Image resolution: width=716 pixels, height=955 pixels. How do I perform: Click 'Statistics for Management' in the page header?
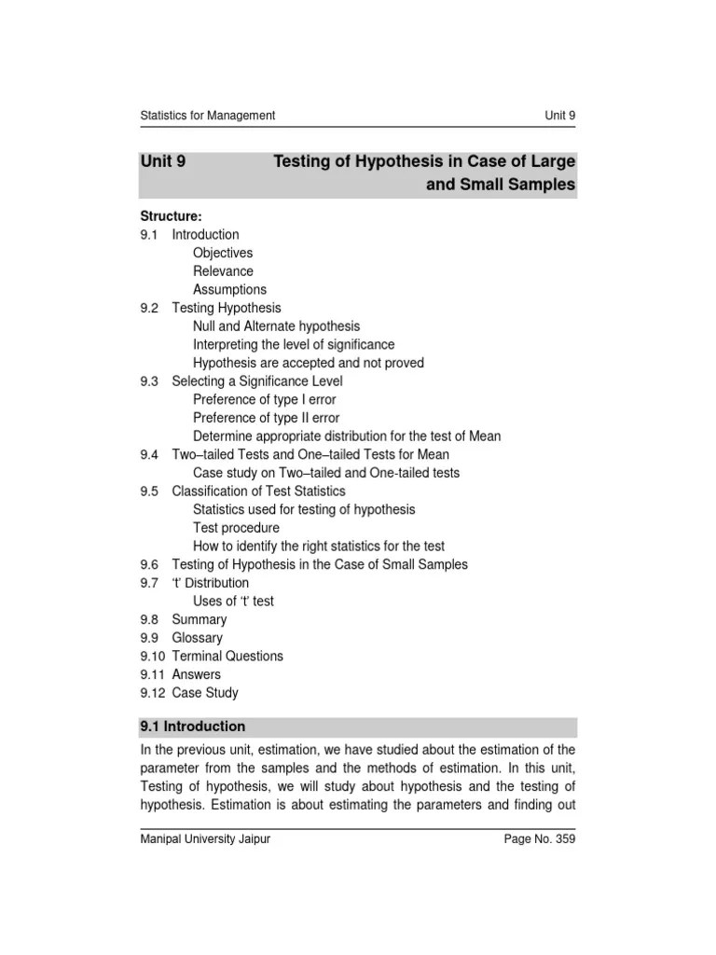pos(207,116)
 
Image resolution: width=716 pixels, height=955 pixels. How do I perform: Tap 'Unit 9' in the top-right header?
pos(560,116)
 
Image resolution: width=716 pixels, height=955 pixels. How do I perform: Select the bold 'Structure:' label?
pos(171,216)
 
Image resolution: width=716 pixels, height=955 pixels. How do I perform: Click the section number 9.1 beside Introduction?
pos(150,235)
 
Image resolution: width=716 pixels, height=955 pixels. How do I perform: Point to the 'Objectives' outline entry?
pos(223,253)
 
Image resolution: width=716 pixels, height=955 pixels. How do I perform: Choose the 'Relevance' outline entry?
pos(223,271)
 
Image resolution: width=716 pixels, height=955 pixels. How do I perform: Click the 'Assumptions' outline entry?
pos(229,289)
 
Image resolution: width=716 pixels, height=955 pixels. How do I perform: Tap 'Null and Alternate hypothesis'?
pos(276,326)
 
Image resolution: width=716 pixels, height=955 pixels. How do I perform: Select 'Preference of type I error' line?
pos(265,399)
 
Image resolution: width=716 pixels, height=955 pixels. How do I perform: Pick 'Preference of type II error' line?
pos(267,418)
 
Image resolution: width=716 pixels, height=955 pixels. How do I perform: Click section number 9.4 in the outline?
pos(150,454)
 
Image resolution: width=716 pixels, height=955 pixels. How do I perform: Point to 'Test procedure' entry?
pos(236,528)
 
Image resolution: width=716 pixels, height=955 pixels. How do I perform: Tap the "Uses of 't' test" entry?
pos(233,602)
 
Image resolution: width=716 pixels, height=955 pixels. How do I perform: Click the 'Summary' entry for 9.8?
pos(199,619)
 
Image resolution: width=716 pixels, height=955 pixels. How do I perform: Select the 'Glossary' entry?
pos(197,638)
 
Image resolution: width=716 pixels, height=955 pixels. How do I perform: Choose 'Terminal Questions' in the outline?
pos(227,656)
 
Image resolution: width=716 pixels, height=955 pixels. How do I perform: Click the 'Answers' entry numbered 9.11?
pos(197,674)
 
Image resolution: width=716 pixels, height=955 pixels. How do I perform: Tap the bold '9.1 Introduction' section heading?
pos(192,727)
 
